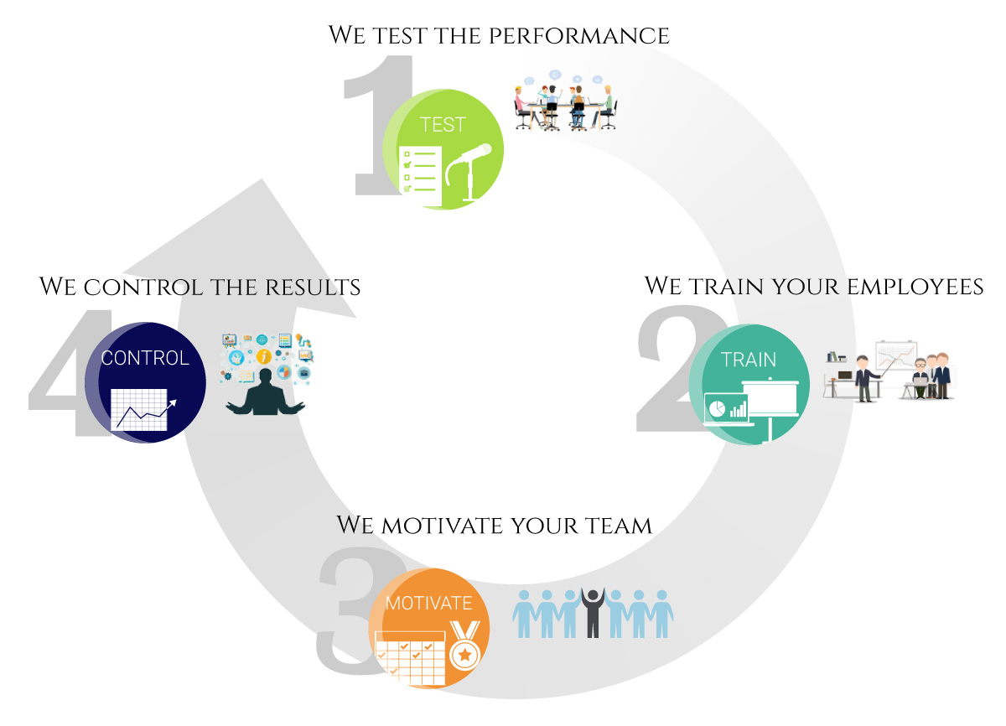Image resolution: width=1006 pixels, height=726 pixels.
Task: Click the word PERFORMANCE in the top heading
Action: (x=579, y=36)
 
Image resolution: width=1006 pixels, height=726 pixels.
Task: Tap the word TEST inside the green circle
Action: (x=443, y=125)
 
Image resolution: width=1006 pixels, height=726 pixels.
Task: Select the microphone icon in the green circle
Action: (x=469, y=172)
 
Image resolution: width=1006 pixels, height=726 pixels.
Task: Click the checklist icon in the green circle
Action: (x=420, y=176)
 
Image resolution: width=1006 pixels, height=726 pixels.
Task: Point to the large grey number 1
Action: (x=378, y=125)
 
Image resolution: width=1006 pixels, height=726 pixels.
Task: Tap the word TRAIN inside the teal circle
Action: (x=749, y=360)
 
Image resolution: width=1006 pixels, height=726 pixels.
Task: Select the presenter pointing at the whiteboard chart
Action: (x=865, y=378)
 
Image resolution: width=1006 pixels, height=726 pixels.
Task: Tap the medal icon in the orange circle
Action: (x=465, y=646)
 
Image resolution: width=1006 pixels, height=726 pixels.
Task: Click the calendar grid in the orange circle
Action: (x=410, y=659)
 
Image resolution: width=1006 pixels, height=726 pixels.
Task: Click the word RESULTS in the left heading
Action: (x=313, y=288)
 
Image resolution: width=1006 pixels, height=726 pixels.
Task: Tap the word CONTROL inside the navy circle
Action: (x=145, y=358)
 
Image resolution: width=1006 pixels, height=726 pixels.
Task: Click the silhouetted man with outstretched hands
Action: (x=265, y=392)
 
